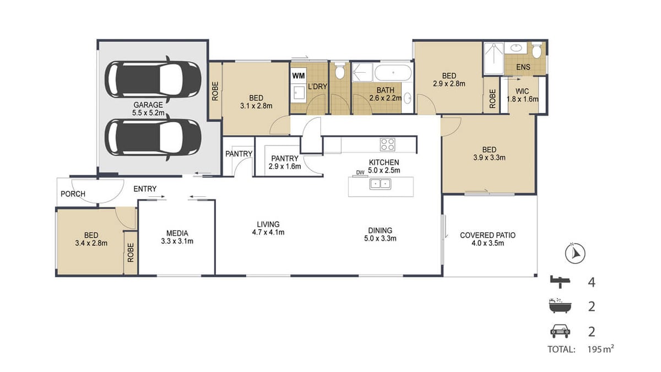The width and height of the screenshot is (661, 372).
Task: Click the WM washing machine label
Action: click(x=299, y=76)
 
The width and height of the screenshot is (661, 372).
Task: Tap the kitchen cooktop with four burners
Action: click(x=387, y=144)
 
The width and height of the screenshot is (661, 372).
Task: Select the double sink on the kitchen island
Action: click(x=381, y=184)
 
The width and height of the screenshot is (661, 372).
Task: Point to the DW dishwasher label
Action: click(x=360, y=172)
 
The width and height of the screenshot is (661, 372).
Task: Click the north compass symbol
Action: click(x=575, y=254)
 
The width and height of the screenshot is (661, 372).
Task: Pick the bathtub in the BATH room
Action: click(x=393, y=73)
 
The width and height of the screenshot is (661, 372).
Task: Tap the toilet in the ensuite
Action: click(x=537, y=51)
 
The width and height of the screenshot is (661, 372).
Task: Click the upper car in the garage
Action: click(x=153, y=79)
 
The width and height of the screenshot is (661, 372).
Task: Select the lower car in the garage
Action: click(x=153, y=138)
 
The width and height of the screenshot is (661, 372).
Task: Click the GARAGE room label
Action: click(x=148, y=105)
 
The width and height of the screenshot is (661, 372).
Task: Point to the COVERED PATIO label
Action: click(x=488, y=235)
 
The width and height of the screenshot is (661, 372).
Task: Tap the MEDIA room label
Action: click(x=177, y=233)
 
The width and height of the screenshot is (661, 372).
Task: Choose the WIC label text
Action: click(x=522, y=91)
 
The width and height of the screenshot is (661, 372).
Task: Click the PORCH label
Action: click(x=73, y=194)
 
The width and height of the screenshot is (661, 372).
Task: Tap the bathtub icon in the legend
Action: click(x=560, y=306)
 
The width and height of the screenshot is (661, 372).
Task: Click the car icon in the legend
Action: click(x=560, y=331)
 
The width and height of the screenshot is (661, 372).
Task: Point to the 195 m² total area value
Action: click(x=600, y=349)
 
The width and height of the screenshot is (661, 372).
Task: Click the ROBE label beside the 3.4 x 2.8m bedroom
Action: click(x=131, y=252)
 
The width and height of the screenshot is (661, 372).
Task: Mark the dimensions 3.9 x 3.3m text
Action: click(x=489, y=158)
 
